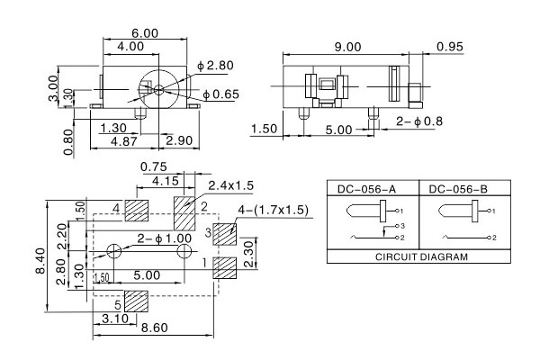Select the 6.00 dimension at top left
tap(144, 32)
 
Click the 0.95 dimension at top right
tap(450, 47)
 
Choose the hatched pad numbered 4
tap(136, 211)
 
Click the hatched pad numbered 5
tap(136, 302)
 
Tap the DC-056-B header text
tap(458, 189)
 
